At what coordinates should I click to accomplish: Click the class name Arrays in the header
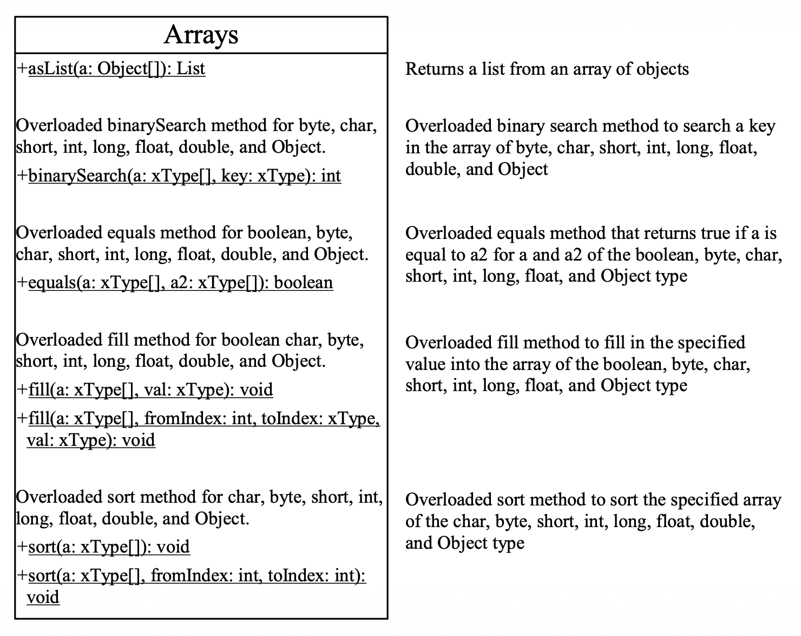[201, 35]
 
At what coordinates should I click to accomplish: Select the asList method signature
[116, 69]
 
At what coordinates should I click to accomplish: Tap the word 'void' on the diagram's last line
[43, 597]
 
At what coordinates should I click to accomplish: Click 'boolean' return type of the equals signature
[304, 282]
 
